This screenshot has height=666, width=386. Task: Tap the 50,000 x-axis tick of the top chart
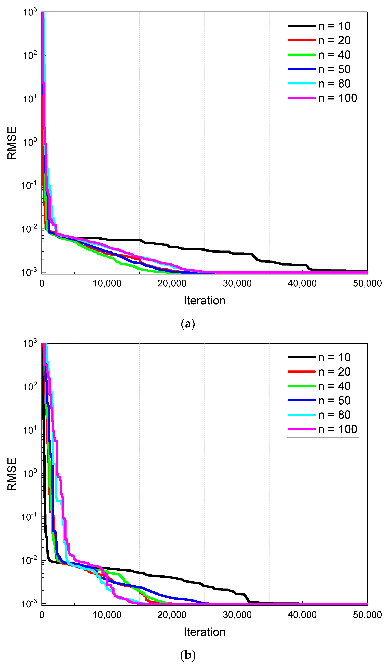367,283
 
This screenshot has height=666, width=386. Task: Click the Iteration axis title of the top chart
204,301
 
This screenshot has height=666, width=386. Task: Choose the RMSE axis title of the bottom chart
12,474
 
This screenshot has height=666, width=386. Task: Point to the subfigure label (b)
188,655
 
